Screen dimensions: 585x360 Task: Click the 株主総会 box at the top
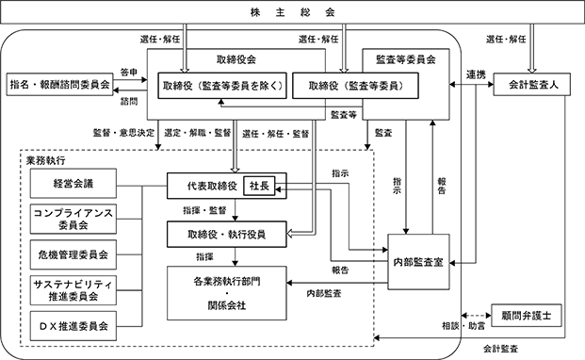[x=292, y=12]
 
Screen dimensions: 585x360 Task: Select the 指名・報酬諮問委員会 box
[x=59, y=84]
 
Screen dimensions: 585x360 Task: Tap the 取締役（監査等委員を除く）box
[x=222, y=86]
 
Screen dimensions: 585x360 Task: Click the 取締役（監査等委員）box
[x=355, y=86]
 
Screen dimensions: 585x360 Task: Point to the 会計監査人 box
[x=532, y=84]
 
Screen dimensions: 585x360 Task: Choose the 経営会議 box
[x=73, y=183]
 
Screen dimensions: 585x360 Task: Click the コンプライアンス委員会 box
[x=73, y=219]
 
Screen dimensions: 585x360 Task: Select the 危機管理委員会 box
[x=73, y=254]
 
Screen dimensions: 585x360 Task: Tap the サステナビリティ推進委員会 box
[x=73, y=290]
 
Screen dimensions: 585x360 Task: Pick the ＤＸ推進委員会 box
[x=73, y=326]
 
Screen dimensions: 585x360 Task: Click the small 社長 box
[x=259, y=186]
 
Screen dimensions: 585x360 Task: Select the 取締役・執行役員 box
[x=227, y=235]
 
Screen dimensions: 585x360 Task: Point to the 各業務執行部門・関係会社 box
[x=227, y=293]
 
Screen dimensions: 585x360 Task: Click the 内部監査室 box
[x=418, y=262]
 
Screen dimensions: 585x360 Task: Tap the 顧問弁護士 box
[x=527, y=316]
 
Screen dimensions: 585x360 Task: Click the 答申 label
[x=129, y=73]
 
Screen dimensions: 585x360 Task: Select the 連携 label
[x=476, y=75]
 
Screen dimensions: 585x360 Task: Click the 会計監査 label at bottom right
[x=500, y=350]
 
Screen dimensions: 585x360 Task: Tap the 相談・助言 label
[x=463, y=326]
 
